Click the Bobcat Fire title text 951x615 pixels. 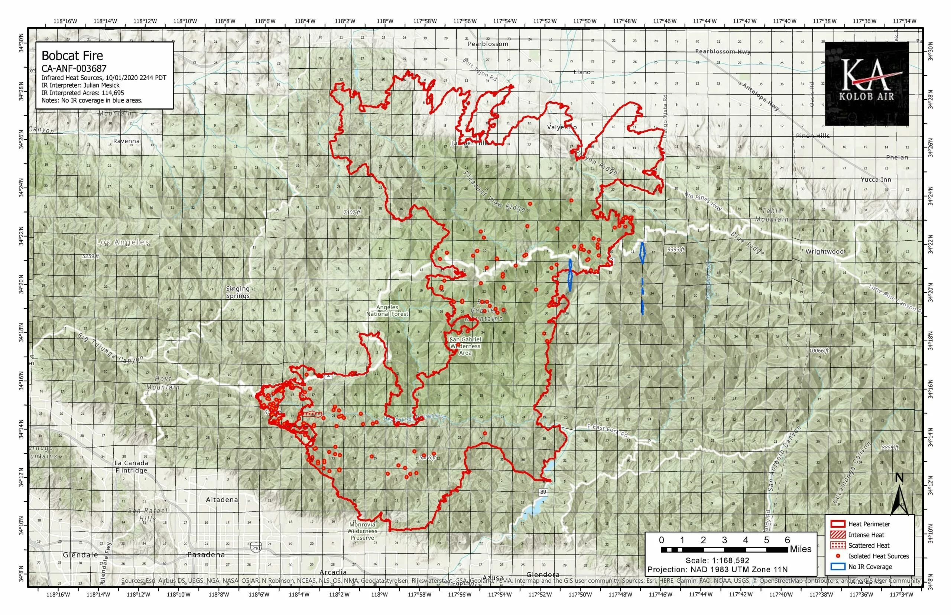[x=72, y=55]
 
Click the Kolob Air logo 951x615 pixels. [x=866, y=84]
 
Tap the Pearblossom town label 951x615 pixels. [x=488, y=44]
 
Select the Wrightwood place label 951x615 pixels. [x=824, y=251]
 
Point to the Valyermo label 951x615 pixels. [x=562, y=127]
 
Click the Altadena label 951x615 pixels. [x=222, y=500]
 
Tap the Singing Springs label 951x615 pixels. [x=238, y=292]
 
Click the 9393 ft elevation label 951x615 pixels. [x=675, y=249]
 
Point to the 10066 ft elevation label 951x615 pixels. [x=819, y=351]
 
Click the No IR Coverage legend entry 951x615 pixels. [x=870, y=567]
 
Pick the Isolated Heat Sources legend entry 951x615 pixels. [x=878, y=556]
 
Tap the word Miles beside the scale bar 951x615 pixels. [x=801, y=549]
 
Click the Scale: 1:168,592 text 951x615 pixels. [x=717, y=561]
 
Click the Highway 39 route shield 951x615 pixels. [x=543, y=492]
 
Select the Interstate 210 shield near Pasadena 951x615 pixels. [x=256, y=548]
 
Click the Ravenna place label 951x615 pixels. [x=126, y=141]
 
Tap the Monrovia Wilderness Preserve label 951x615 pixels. [x=362, y=531]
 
